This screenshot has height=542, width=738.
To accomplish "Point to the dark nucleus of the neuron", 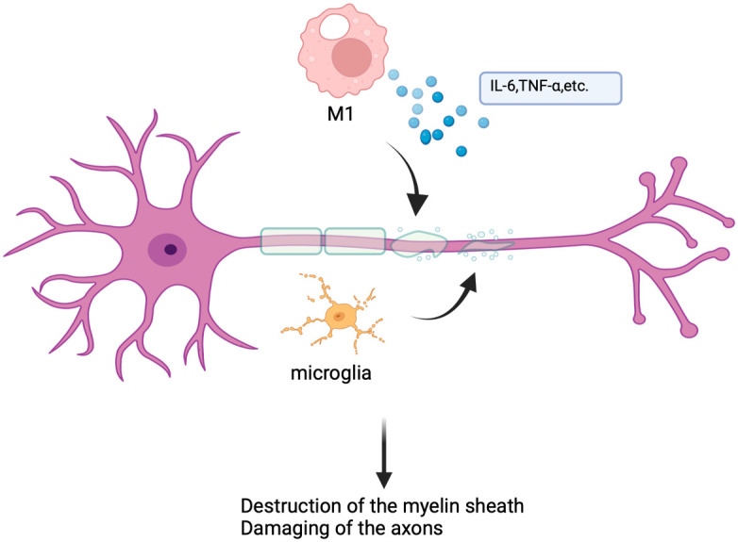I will click(x=171, y=250).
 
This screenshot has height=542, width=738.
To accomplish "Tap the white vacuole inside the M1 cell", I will click(x=333, y=25).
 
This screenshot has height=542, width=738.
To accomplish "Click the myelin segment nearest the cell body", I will click(x=292, y=241).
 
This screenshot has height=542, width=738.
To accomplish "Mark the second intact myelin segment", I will click(x=355, y=241).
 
